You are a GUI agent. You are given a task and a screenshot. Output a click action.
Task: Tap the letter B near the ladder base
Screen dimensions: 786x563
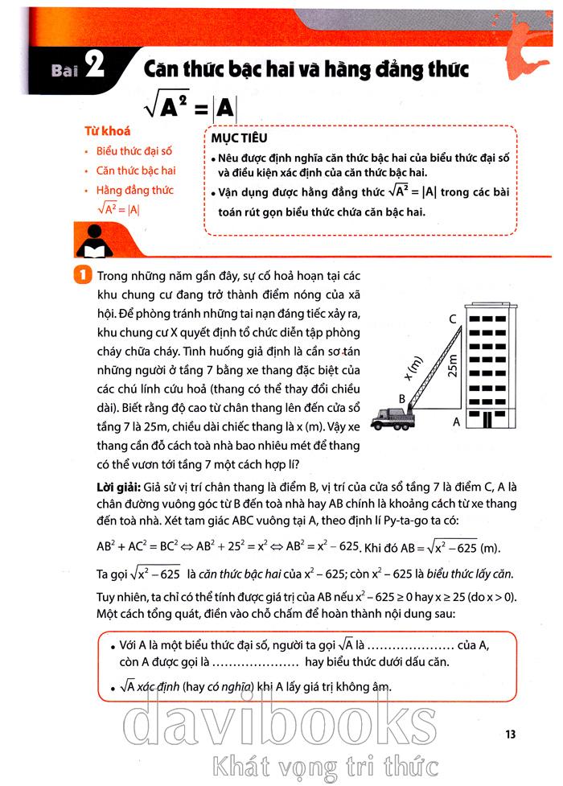tap(402, 397)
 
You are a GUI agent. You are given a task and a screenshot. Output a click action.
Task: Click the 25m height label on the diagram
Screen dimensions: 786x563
tap(454, 366)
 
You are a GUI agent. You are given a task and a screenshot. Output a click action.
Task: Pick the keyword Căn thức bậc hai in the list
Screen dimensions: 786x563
tap(135, 171)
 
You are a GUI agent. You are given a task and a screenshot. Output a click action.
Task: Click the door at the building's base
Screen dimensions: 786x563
tap(485, 420)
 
